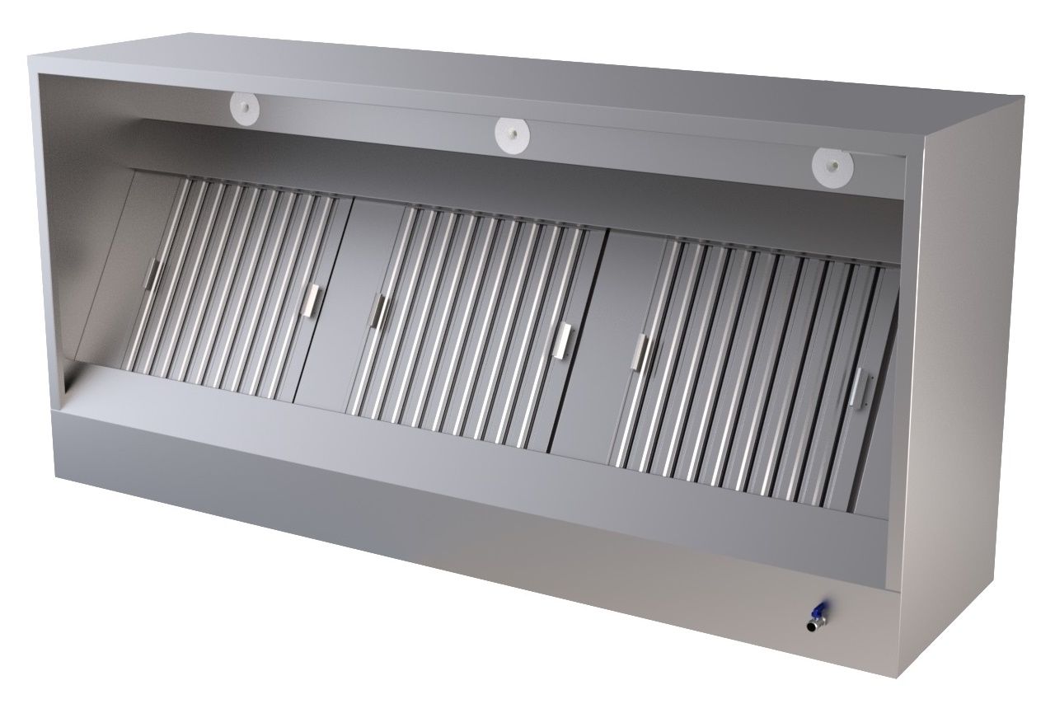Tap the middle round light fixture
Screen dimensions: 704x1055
(x=511, y=133)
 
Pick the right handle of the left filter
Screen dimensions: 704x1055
(x=311, y=299)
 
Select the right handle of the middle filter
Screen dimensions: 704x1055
(x=565, y=340)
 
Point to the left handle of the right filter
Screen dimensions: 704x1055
(x=640, y=352)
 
